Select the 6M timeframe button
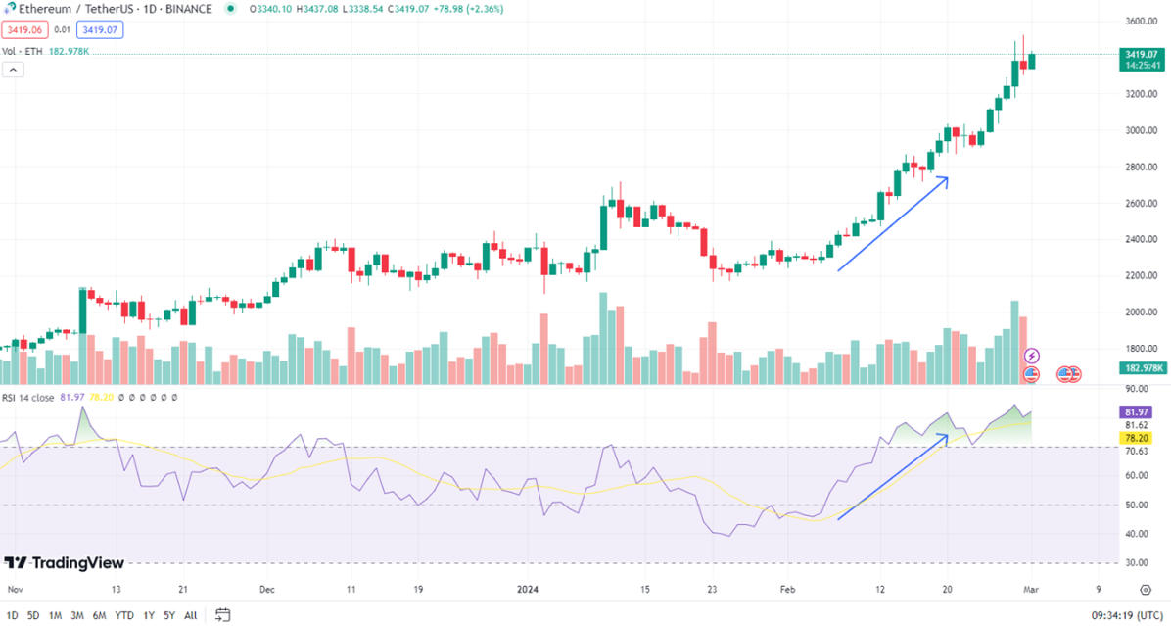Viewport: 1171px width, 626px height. tap(99, 615)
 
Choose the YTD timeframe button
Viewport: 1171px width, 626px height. tap(124, 615)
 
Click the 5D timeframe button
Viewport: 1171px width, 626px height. tap(33, 615)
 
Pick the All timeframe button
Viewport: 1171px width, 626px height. tap(190, 615)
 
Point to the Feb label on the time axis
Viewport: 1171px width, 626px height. tap(786, 590)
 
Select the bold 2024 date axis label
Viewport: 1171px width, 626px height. tap(527, 590)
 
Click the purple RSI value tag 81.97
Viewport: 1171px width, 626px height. tap(1136, 412)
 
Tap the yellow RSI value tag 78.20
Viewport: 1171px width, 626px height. tap(1136, 438)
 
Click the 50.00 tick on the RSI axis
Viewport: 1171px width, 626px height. tap(1136, 505)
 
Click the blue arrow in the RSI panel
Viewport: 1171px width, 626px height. tap(892, 476)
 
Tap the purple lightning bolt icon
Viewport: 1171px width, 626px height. tap(1031, 356)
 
